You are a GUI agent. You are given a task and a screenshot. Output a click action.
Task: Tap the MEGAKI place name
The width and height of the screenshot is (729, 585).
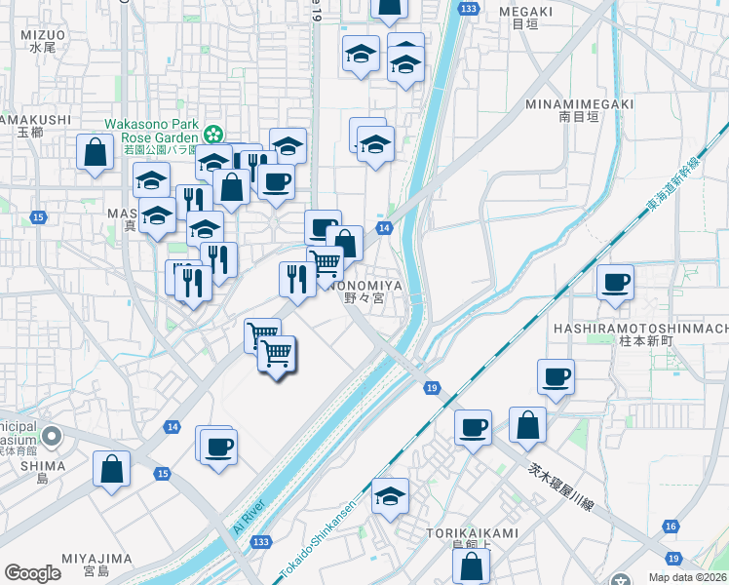518,11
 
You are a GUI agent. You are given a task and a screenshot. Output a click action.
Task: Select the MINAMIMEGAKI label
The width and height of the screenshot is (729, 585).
579,104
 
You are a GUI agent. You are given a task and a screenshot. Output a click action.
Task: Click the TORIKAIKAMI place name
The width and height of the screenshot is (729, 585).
472,533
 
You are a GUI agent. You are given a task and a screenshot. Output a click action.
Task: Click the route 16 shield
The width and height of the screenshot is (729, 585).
670,526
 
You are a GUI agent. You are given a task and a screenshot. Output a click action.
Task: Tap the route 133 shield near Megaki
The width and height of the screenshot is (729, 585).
470,8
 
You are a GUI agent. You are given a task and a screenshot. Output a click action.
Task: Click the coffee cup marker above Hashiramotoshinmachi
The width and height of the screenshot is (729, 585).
615,283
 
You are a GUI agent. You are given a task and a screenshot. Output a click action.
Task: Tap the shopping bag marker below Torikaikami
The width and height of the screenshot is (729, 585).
471,565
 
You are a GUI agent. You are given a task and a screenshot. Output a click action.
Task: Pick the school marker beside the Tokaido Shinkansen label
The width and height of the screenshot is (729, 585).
390,495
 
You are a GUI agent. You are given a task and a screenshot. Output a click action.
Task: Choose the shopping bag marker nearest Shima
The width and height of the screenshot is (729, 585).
112,468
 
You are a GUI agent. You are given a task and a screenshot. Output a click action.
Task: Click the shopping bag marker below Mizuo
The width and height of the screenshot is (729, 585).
95,152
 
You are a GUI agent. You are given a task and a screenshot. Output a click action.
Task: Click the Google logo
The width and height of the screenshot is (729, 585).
32,573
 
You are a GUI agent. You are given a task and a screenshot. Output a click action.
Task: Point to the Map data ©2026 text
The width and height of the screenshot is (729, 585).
687,577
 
